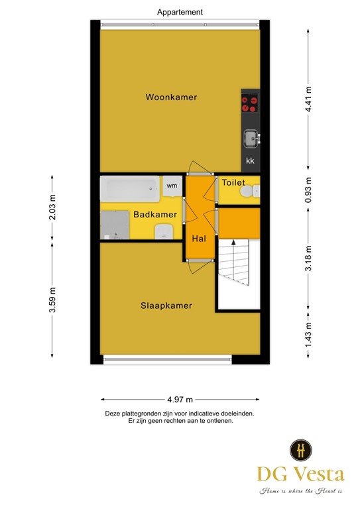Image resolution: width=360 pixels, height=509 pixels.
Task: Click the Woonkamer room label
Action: pyautogui.click(x=172, y=97)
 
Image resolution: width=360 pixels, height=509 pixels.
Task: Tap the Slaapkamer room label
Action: pyautogui.click(x=166, y=306)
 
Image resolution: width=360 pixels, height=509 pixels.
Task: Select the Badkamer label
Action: pyautogui.click(x=155, y=215)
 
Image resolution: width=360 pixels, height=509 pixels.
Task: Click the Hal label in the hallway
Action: pyautogui.click(x=199, y=238)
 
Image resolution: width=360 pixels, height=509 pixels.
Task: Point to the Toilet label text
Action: pyautogui.click(x=233, y=182)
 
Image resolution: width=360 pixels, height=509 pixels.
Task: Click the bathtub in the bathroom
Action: pyautogui.click(x=129, y=190)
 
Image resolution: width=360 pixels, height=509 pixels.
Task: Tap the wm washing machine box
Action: pyautogui.click(x=172, y=186)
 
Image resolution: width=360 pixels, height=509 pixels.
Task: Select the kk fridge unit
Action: pyautogui.click(x=250, y=161)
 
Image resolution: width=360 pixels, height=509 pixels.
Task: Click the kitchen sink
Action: pyautogui.click(x=250, y=138)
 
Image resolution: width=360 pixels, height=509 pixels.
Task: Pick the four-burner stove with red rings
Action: pyautogui.click(x=250, y=103)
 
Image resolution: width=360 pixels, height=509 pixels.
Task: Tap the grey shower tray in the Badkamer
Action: pyautogui.click(x=114, y=225)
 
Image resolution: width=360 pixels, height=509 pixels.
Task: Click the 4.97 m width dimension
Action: pyautogui.click(x=180, y=399)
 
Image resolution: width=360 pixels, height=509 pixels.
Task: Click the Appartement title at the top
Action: pyautogui.click(x=180, y=12)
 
